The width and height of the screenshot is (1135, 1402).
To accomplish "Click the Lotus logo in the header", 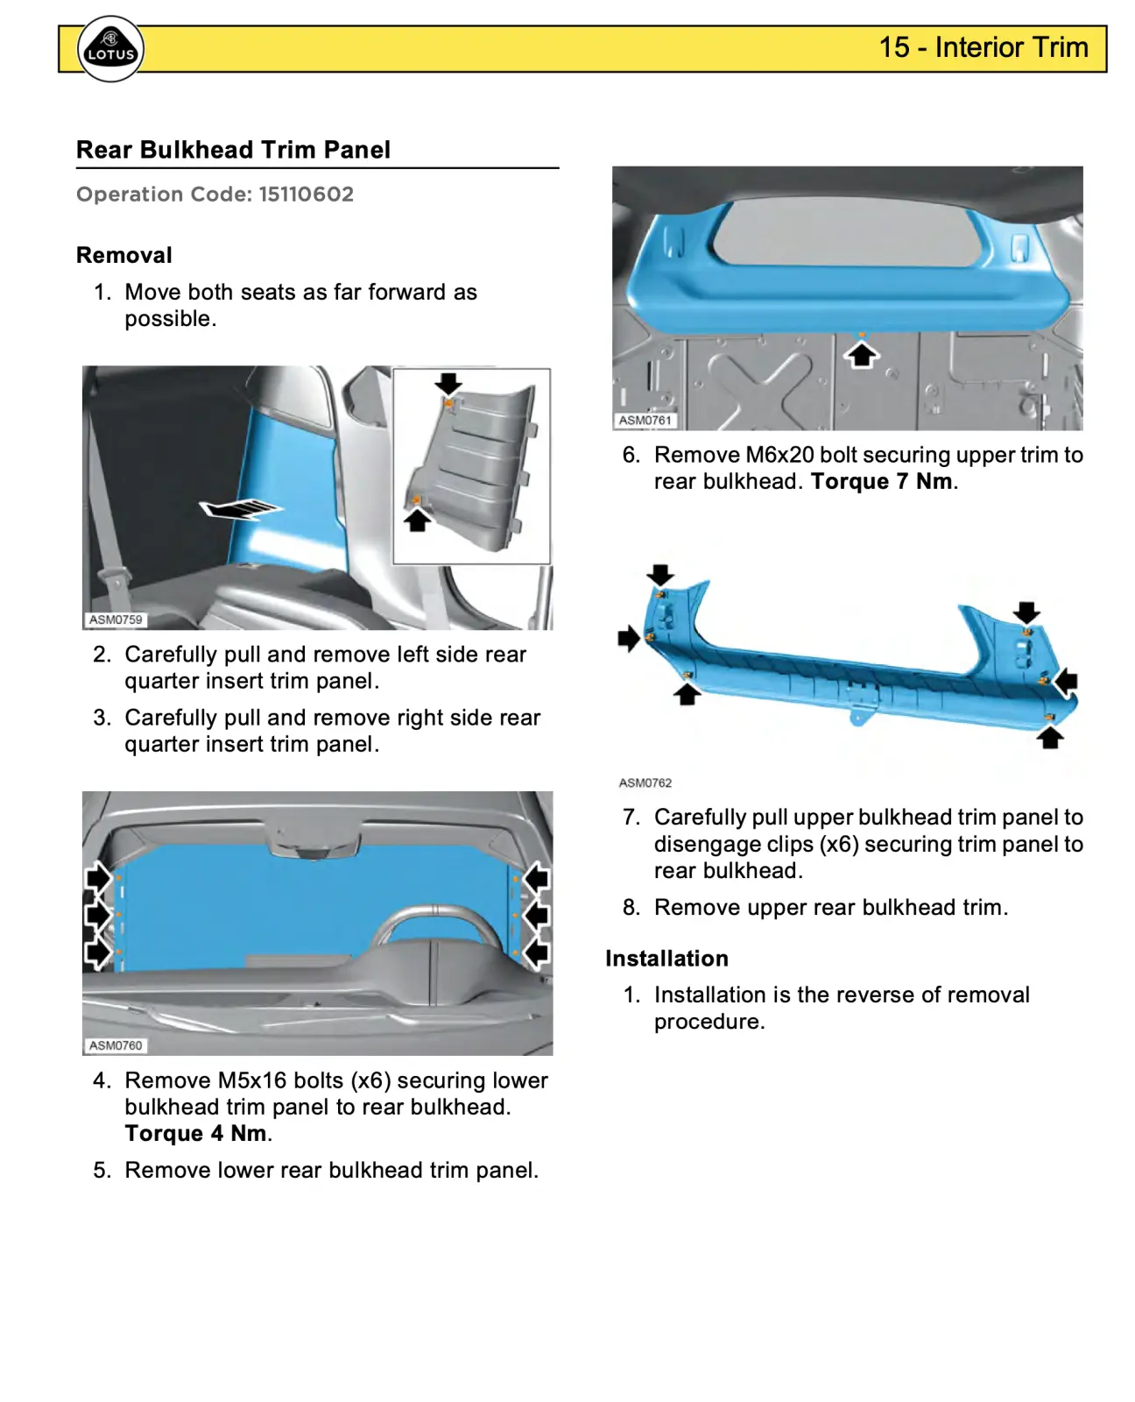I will tap(110, 49).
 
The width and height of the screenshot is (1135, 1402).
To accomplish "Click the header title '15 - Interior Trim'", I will tap(983, 47).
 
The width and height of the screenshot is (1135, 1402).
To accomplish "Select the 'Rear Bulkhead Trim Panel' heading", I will tap(233, 150).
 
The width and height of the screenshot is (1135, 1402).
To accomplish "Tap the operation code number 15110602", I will tap(306, 195).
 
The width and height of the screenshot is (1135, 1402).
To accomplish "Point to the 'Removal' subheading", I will tap(124, 255).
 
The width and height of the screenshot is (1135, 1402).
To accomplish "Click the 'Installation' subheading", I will tap(666, 959).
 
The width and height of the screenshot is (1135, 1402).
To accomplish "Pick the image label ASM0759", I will tap(116, 620).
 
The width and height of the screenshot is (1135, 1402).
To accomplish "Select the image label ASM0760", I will tap(116, 1045).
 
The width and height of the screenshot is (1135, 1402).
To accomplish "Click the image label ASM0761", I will tap(645, 421).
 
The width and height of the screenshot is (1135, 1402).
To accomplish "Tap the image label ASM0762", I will tap(645, 782).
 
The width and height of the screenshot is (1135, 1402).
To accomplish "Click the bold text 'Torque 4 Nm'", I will tap(196, 1134).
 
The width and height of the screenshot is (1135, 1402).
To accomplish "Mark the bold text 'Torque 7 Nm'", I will tap(881, 482).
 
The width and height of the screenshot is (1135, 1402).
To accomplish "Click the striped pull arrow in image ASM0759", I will tap(240, 508).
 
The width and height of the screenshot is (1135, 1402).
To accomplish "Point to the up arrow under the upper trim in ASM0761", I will tap(862, 355).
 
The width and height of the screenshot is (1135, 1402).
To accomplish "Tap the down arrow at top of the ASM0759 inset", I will tap(448, 383).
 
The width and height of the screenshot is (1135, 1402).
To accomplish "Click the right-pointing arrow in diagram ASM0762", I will tap(628, 638).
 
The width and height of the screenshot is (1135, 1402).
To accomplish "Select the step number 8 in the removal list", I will tap(631, 908).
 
